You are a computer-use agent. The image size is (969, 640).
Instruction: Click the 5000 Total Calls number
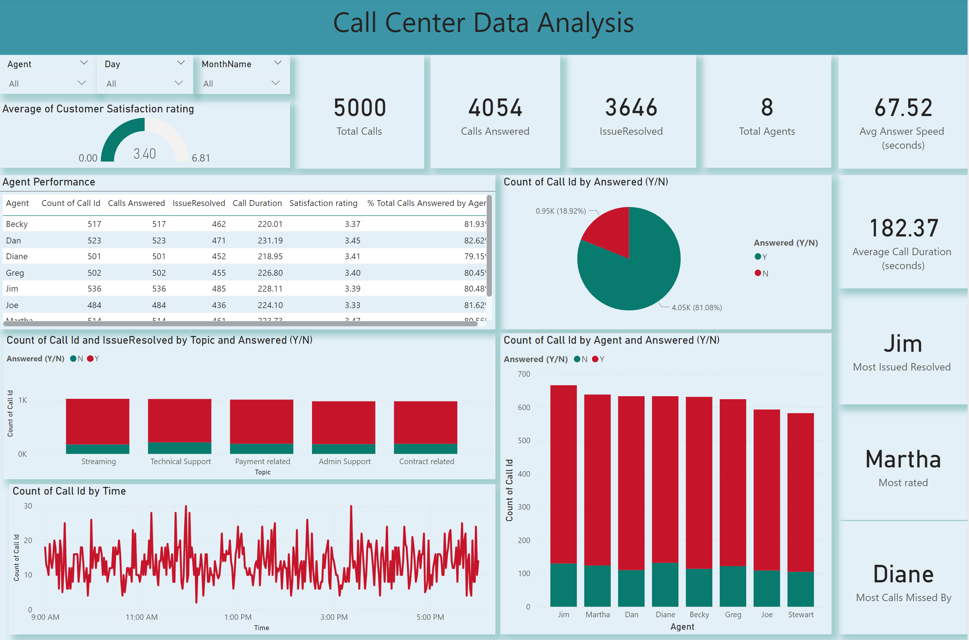[359, 108]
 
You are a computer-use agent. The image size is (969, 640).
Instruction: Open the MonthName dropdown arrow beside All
[275, 83]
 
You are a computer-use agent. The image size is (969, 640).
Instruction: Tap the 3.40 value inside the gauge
[144, 154]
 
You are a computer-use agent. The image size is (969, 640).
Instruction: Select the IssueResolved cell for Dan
[219, 241]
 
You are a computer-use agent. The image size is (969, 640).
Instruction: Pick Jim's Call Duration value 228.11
[270, 289]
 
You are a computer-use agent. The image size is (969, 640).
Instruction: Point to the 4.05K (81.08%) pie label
[696, 307]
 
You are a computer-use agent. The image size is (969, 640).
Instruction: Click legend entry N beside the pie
[761, 274]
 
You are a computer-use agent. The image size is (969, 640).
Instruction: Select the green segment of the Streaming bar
[98, 449]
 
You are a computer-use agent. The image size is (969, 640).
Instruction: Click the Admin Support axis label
[344, 461]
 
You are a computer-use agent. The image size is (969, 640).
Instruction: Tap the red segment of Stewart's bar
[800, 490]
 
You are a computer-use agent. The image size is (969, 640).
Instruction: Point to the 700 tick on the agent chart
[523, 374]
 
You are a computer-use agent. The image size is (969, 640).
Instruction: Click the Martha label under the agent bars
[597, 614]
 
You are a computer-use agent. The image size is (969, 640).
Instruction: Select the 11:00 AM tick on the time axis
[141, 617]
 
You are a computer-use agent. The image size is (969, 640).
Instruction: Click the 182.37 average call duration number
[904, 228]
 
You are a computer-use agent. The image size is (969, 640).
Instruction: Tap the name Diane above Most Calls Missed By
[903, 574]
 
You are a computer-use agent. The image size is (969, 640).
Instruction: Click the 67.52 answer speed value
[903, 108]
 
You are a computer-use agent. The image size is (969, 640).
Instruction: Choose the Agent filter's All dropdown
[47, 83]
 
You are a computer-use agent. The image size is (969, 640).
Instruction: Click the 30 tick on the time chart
[28, 506]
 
